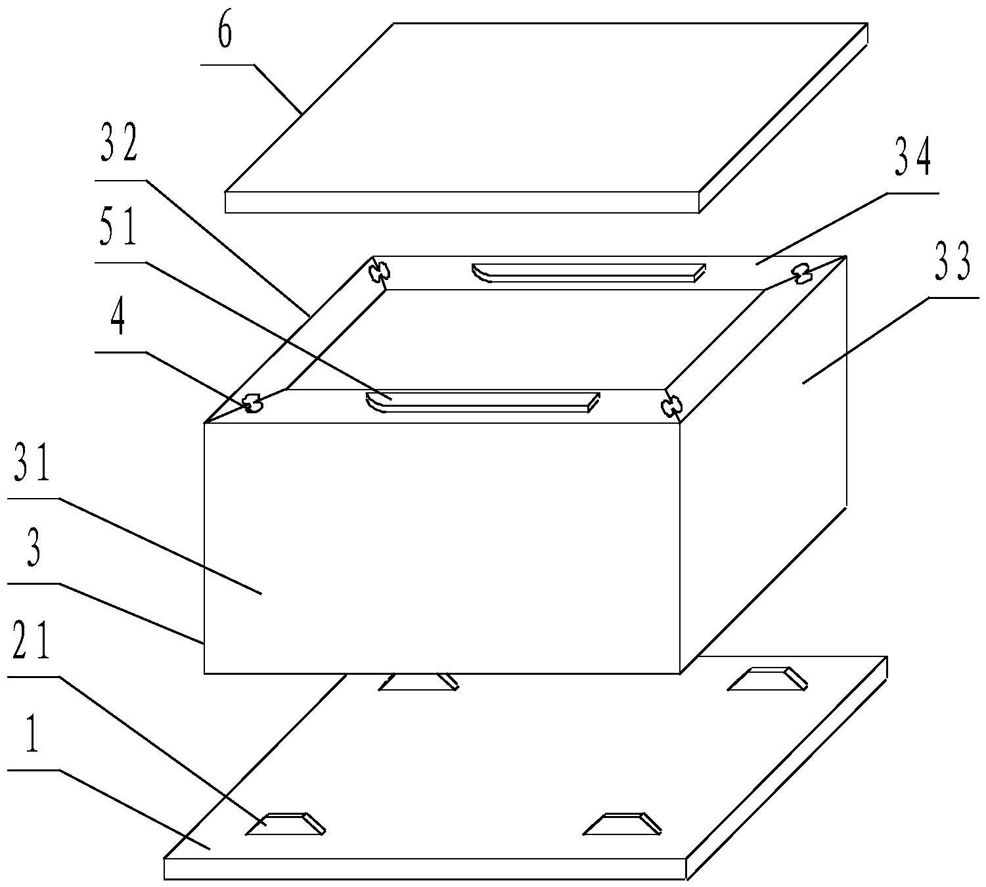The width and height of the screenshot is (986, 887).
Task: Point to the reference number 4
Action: point(118,319)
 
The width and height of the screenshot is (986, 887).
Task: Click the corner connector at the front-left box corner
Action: point(254,404)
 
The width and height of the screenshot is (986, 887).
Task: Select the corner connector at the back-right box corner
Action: point(801,273)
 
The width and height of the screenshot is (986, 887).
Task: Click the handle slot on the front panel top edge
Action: point(483,402)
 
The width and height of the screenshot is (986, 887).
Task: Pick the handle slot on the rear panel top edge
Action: point(589,273)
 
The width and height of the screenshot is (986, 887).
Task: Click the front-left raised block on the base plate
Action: point(286,823)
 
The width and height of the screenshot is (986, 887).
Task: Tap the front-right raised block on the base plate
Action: point(622,823)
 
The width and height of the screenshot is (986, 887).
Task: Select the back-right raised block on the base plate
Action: point(767,679)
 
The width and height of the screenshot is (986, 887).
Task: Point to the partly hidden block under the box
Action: point(419,682)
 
